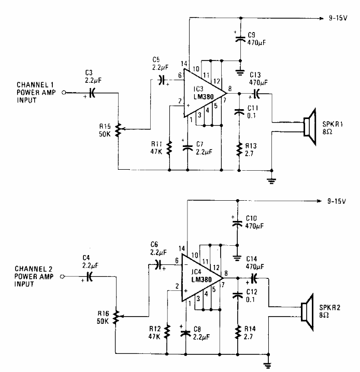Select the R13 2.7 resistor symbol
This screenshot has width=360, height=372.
click(x=239, y=150)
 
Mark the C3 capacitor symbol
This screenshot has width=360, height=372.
click(x=92, y=93)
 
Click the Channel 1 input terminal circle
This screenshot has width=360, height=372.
click(x=64, y=93)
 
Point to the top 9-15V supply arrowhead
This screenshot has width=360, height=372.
click(x=320, y=17)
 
